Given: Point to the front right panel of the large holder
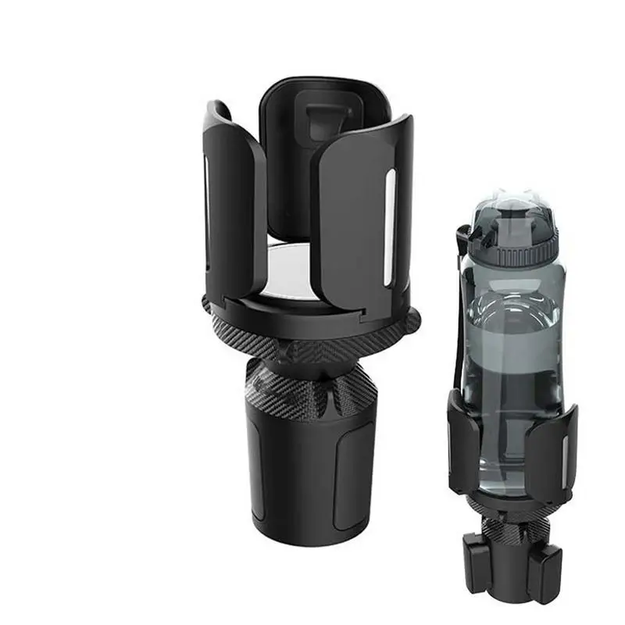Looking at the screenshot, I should pos(363,211).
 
